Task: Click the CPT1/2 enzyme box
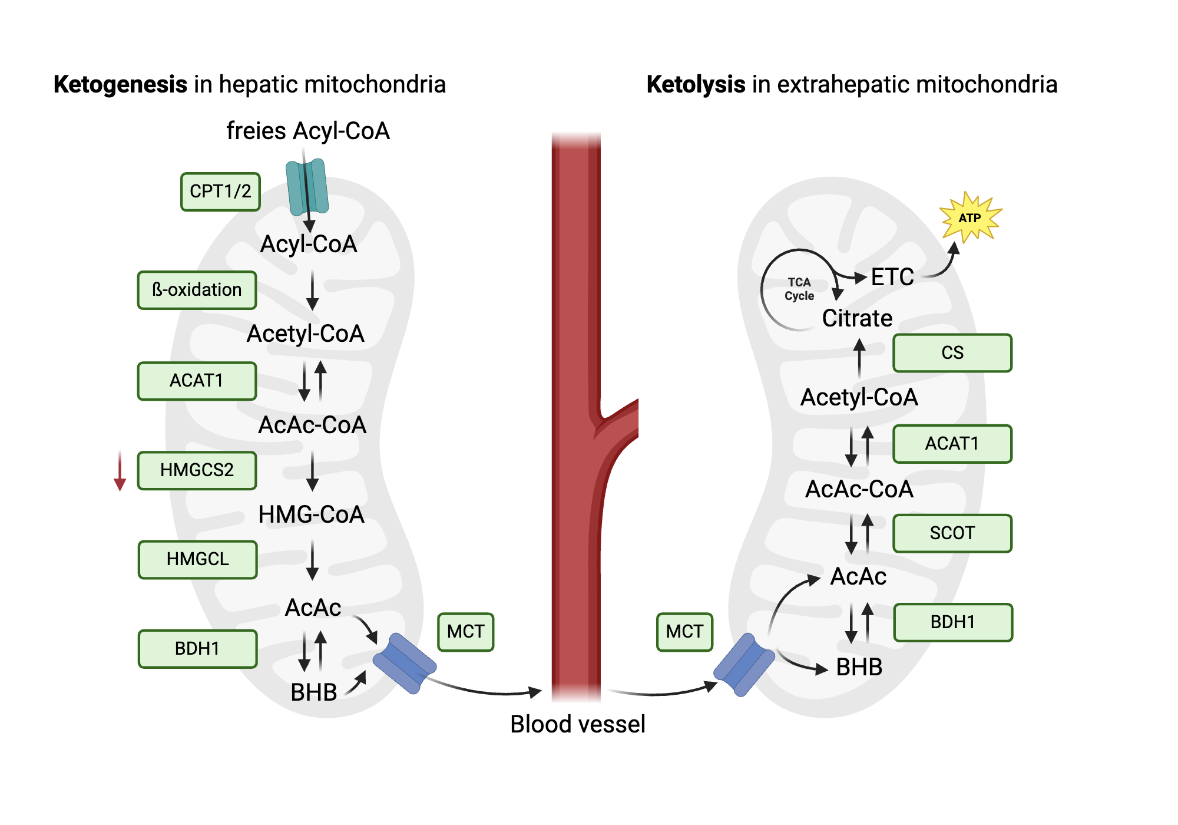pos(220,192)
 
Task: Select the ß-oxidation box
pos(197,290)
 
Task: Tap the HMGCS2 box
pos(197,470)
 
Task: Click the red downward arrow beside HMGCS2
pos(120,471)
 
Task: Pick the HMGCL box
pos(197,559)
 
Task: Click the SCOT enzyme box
pos(952,533)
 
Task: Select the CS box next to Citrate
pos(952,353)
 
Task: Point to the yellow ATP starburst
pos(969,217)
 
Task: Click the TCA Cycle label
pos(799,289)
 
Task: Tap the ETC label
pos(892,277)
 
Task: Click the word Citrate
pos(857,318)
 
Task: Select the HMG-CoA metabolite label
pos(311,514)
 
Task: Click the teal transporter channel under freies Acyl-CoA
pos(307,186)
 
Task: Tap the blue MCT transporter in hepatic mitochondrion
pos(405,663)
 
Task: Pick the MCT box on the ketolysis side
pos(684,632)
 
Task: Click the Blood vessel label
pos(577,724)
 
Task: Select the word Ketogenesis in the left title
pos(120,84)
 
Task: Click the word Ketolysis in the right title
pos(696,84)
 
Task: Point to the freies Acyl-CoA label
pos(308,131)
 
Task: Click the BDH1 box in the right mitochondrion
pos(952,622)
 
